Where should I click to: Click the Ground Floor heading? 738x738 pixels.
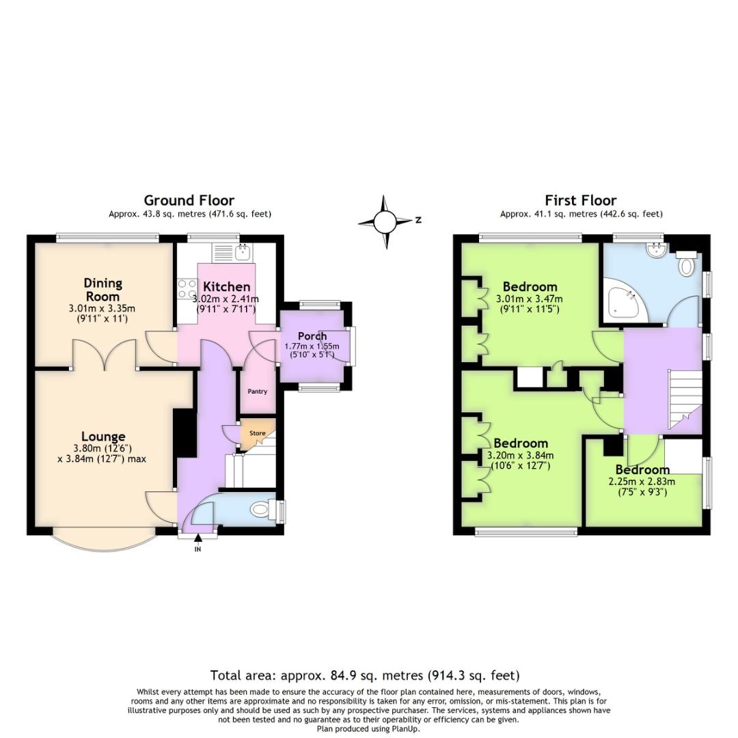coord(189,200)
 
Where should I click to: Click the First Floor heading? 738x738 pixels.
coord(580,200)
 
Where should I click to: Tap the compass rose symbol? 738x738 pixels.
coord(385,221)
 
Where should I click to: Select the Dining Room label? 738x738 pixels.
coord(102,290)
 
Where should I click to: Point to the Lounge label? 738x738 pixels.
coord(103,437)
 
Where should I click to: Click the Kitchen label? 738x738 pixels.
coord(226,286)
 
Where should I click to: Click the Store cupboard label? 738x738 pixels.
coord(257,433)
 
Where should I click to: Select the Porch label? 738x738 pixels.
coord(312,336)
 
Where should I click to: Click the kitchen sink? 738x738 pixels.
coord(243,254)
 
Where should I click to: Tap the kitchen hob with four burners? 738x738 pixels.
coord(187,290)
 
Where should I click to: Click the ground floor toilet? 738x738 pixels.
coord(261,509)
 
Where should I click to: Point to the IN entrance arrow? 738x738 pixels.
coord(198,541)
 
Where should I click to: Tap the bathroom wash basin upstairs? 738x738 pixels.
coord(656,251)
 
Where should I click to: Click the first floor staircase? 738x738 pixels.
coord(683,400)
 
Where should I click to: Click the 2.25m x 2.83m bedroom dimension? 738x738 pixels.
coord(642,481)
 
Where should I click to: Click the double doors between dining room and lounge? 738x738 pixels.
coord(105,353)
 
